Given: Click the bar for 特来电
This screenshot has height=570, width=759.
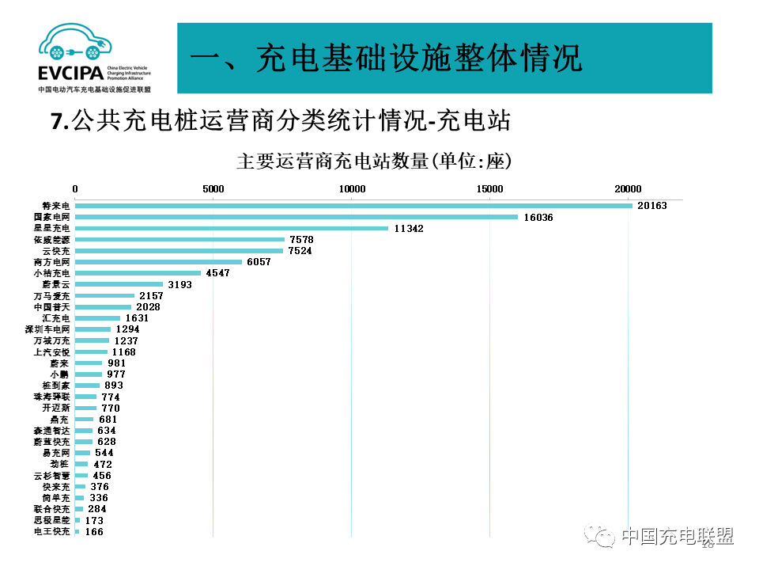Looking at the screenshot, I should [x=353, y=206].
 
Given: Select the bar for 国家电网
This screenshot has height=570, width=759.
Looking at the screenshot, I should [x=296, y=217].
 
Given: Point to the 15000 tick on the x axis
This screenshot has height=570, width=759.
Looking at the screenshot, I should [x=490, y=188].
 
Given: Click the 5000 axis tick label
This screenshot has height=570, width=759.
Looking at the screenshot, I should [x=213, y=188].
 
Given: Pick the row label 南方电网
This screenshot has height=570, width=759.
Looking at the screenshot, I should [x=52, y=261].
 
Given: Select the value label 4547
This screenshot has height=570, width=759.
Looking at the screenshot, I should [x=217, y=273].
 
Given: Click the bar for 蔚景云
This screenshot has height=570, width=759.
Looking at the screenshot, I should [x=119, y=284].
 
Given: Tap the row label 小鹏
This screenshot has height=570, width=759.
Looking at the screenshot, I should [x=60, y=374].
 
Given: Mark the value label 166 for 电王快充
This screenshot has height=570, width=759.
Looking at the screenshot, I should [x=94, y=532].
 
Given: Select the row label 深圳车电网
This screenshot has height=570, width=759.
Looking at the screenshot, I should [x=48, y=329].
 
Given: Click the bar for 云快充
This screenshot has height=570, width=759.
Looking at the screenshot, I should [x=179, y=250].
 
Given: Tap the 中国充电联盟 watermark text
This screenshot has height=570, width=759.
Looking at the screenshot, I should [x=677, y=537].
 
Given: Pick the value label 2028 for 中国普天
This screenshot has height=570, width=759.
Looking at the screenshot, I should [x=148, y=306].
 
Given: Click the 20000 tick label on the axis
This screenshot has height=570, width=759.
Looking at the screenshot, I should [x=629, y=188].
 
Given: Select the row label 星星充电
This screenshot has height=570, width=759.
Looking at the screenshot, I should [x=52, y=228].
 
